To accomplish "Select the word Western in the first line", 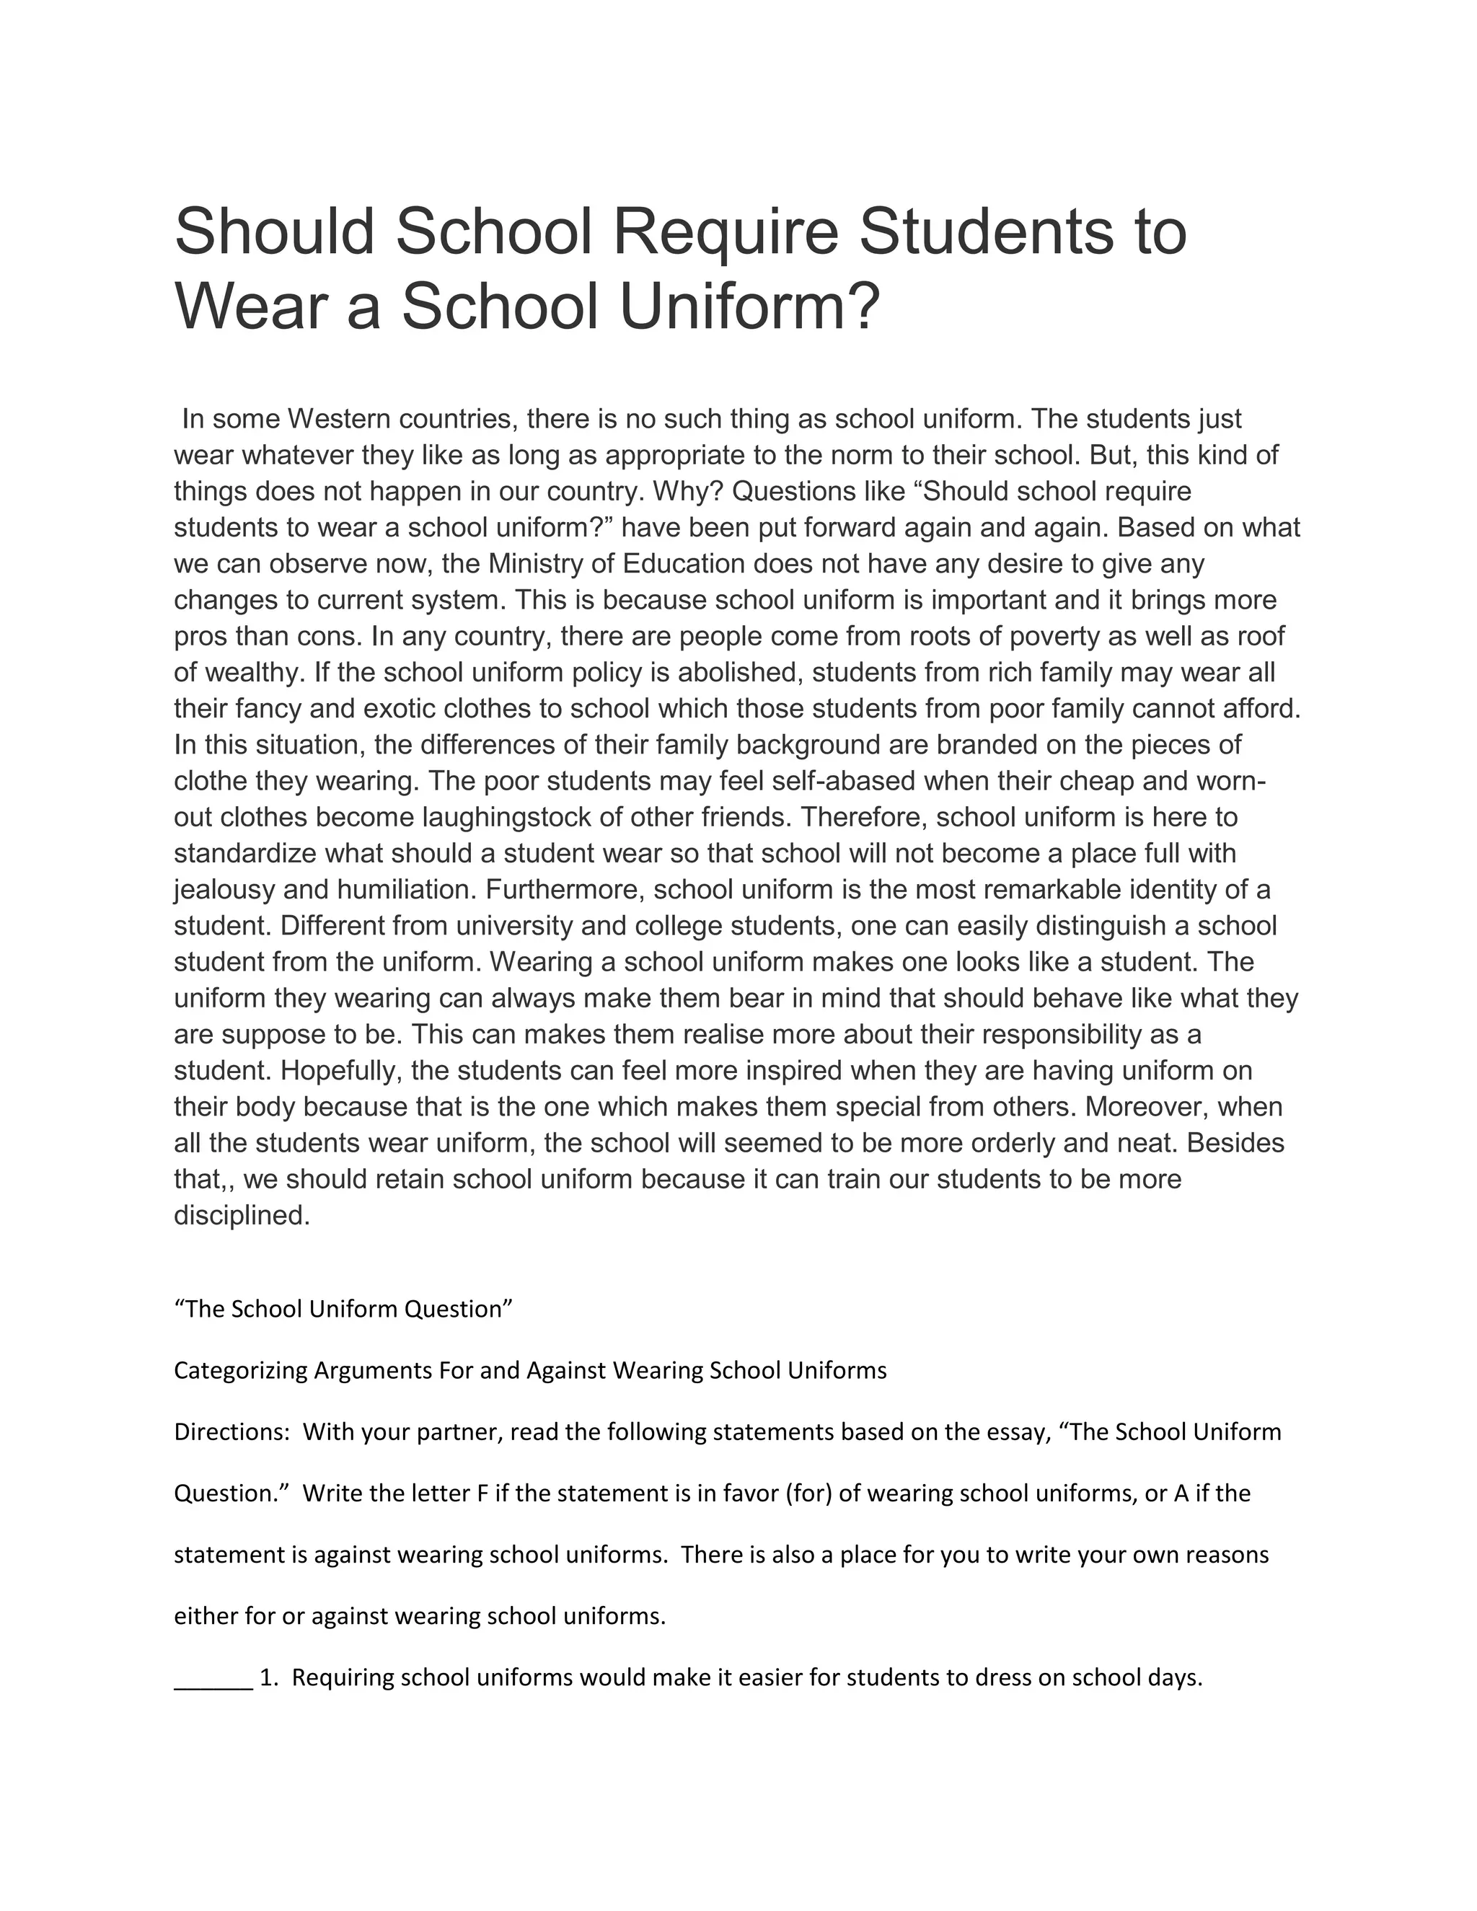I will point(339,419).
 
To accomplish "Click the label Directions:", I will point(232,1432).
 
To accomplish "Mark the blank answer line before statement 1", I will point(213,1678).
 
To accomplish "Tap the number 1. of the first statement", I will point(270,1678).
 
